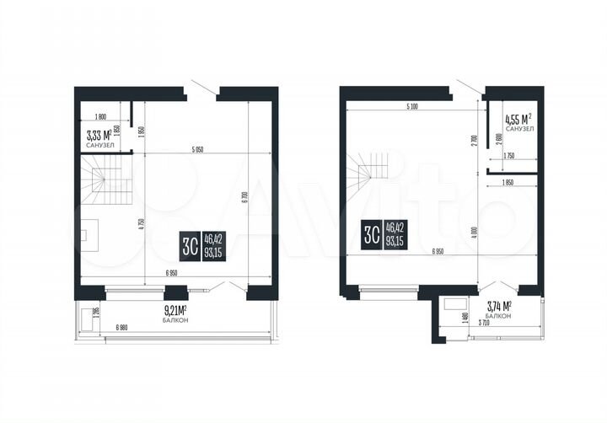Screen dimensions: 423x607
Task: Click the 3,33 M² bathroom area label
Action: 99,134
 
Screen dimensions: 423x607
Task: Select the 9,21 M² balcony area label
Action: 175,312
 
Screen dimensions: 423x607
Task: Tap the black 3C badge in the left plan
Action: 191,246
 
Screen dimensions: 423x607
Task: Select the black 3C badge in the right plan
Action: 371,233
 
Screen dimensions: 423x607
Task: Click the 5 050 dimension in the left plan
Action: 199,150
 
